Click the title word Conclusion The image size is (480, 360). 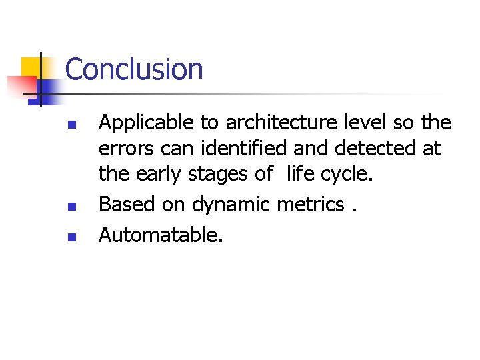[134, 70]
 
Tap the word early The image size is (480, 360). [157, 174]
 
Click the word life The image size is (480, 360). [299, 174]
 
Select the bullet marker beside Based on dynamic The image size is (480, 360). [75, 207]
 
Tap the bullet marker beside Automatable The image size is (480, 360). [75, 236]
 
